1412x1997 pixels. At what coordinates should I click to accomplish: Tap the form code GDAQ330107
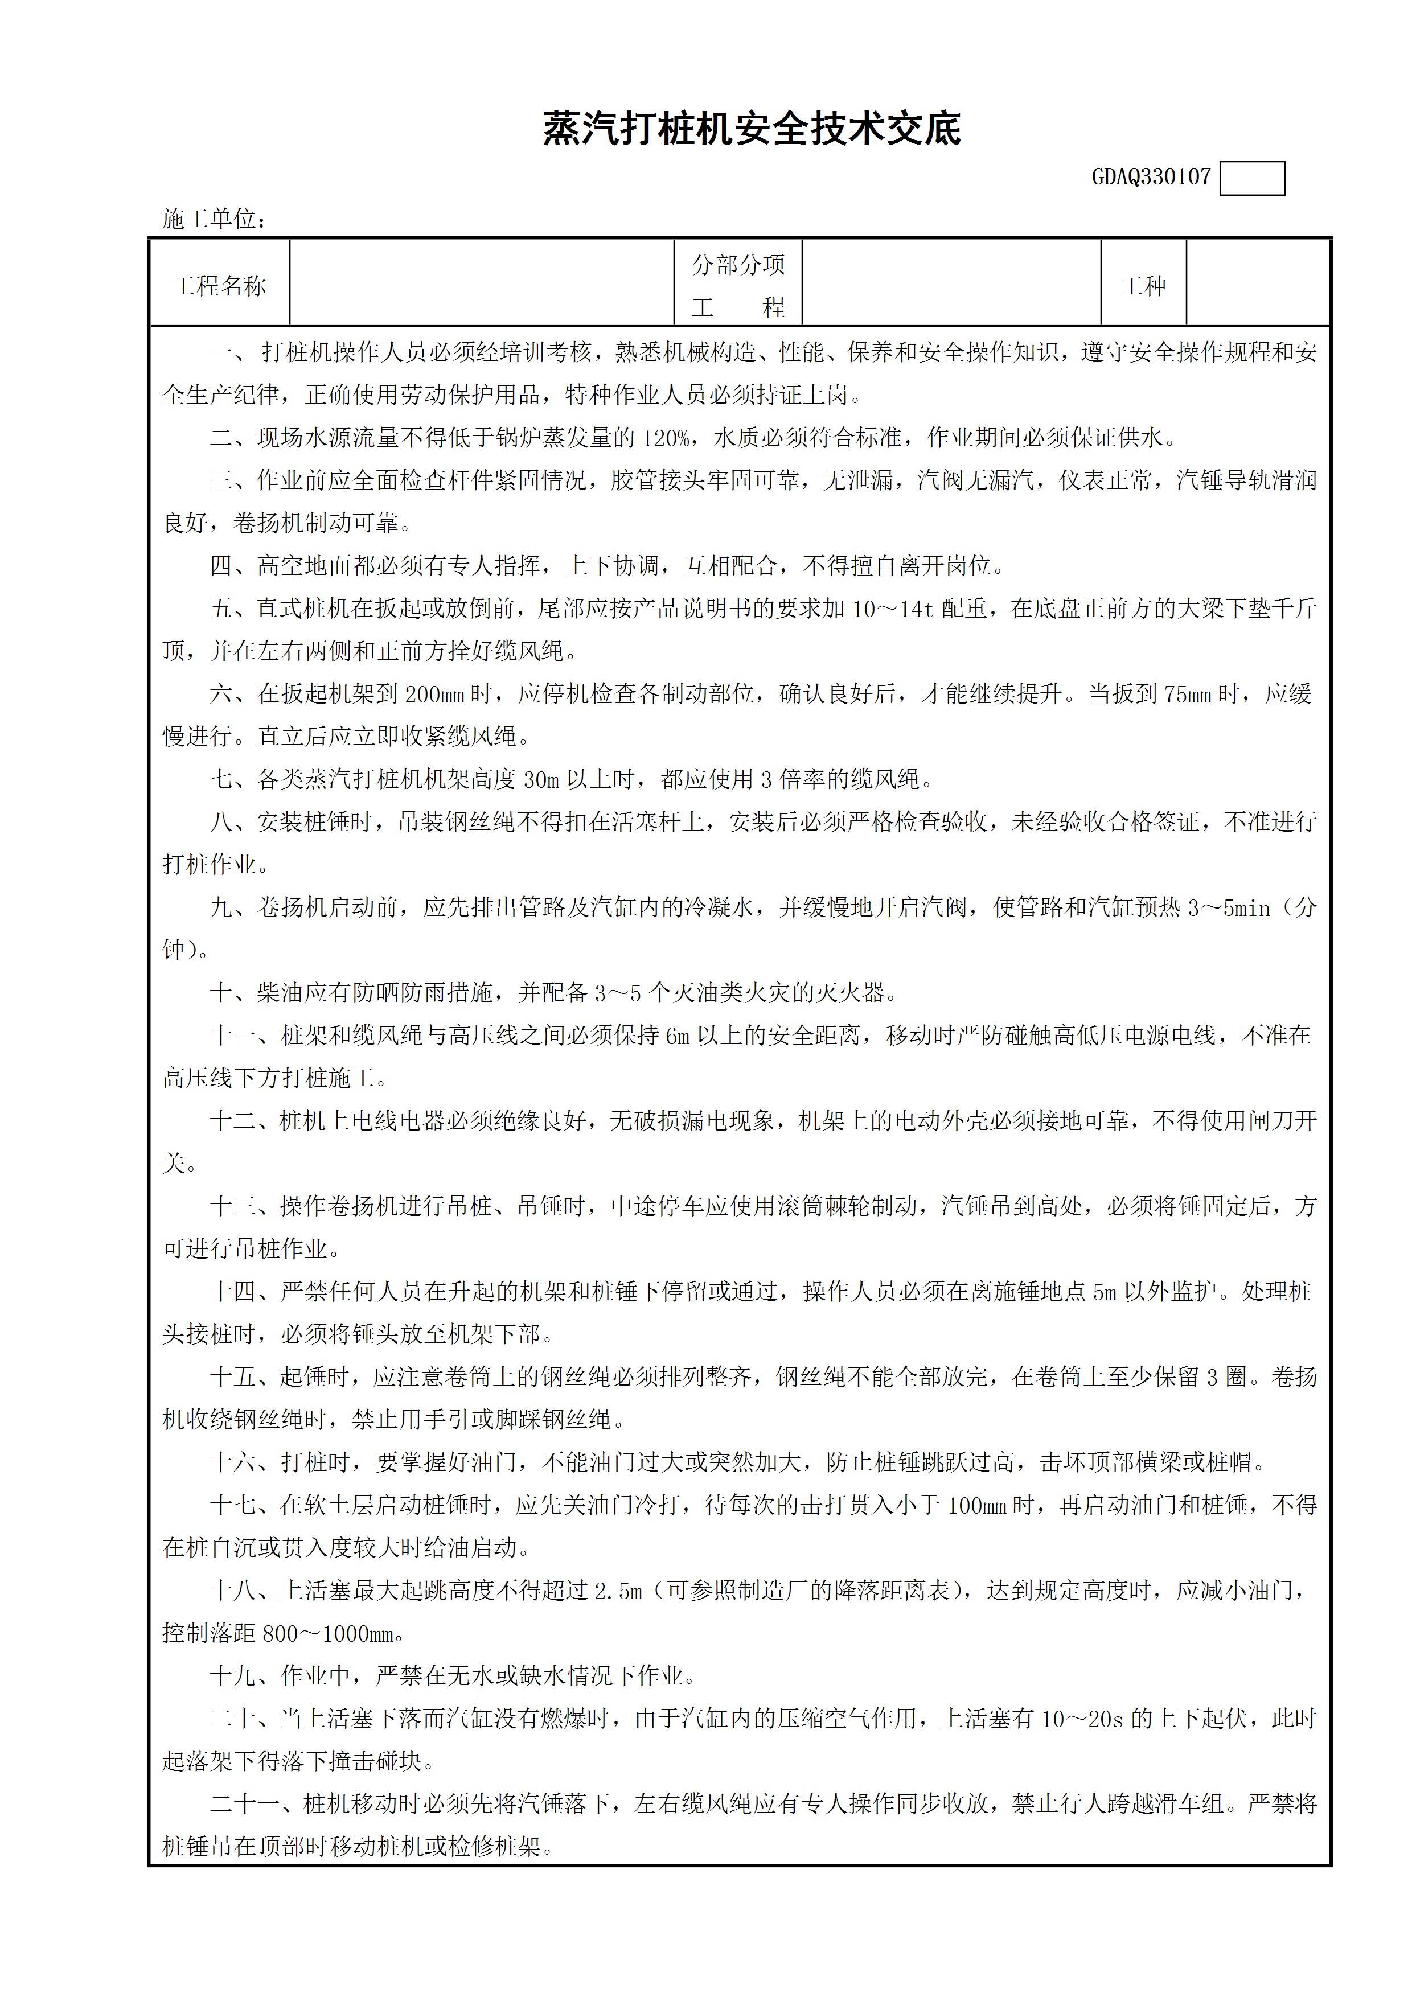click(x=1151, y=178)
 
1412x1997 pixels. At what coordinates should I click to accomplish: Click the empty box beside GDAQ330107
click(x=1252, y=179)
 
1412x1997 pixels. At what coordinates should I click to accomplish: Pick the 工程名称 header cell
click(x=219, y=286)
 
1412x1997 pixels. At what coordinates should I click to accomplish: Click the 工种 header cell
click(x=1143, y=286)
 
